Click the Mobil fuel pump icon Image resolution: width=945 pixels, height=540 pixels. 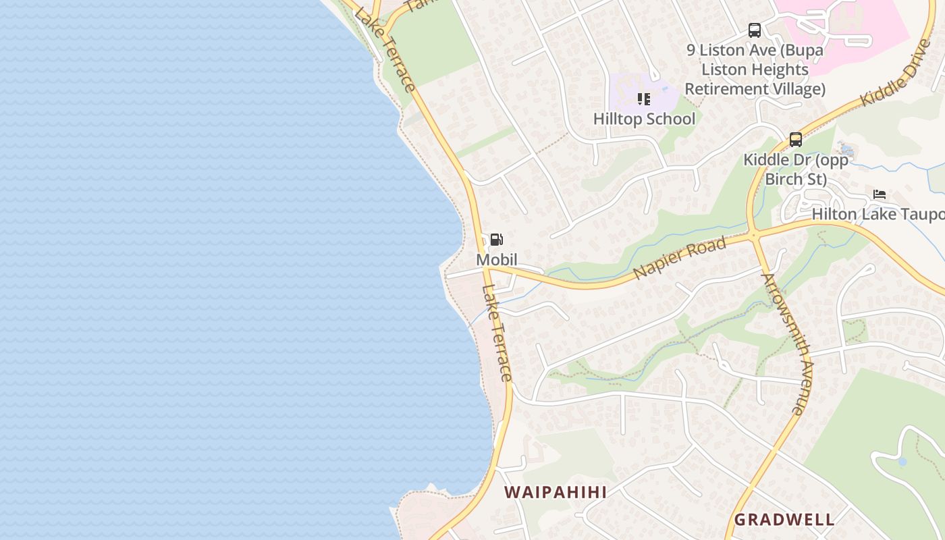point(496,240)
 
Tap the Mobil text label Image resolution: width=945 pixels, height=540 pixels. point(497,260)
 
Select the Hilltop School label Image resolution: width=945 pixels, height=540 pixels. point(644,119)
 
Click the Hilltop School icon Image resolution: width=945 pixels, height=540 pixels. point(644,100)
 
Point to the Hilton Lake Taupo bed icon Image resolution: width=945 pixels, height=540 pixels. point(879,194)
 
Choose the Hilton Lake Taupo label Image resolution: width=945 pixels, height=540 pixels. point(878,214)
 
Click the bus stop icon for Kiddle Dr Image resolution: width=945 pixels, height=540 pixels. point(796,140)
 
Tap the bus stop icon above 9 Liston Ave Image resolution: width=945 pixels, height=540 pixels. point(755,30)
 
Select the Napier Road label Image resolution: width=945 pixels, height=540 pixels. point(680,258)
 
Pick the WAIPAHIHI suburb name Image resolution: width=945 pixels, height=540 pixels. point(556,492)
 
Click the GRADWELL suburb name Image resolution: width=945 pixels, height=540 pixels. point(784,520)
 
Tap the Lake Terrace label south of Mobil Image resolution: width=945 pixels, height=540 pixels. point(497,332)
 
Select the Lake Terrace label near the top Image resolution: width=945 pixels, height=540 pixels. point(384,49)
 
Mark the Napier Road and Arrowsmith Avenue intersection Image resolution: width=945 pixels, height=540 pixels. point(753,235)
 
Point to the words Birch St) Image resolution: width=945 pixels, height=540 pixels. point(796,179)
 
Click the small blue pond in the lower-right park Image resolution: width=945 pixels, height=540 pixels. point(902,462)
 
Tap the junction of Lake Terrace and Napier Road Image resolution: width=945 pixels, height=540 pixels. point(486,269)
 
